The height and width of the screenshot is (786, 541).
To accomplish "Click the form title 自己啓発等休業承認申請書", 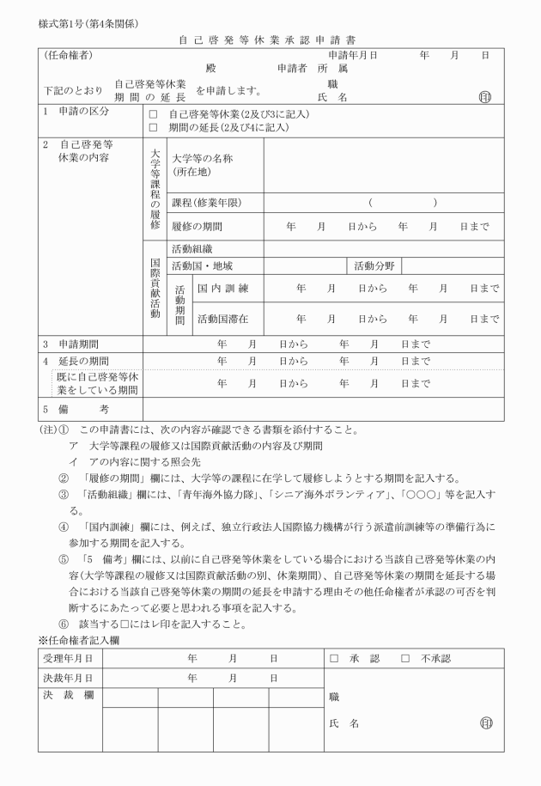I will tap(270, 40).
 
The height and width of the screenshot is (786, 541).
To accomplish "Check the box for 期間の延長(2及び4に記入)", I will tap(154, 127).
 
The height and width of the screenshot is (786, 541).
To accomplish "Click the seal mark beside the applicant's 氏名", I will tap(487, 98).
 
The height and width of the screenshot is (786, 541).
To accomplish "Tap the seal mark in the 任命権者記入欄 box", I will tap(487, 723).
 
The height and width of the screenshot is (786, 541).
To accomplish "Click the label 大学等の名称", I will tap(202, 159).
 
